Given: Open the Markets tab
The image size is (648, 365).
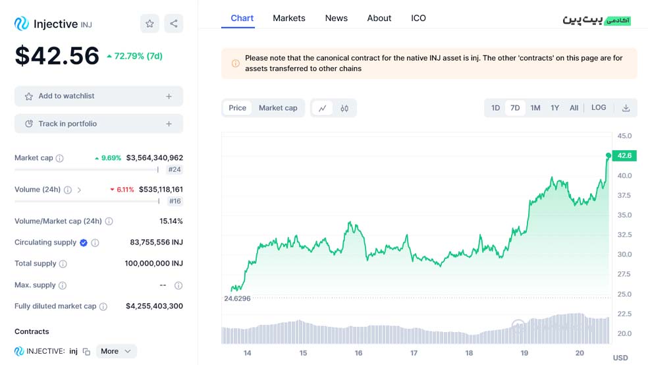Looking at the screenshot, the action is tap(289, 18).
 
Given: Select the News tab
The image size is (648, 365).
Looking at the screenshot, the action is tap(337, 18).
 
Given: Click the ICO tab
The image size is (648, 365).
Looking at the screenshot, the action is tap(418, 18).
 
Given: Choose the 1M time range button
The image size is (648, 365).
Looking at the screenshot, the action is tap(535, 108).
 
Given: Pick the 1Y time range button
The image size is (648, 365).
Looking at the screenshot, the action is tap(554, 108).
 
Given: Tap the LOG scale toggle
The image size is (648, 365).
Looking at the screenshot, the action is tap(599, 107).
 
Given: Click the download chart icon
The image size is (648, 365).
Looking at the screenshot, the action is tap(626, 108).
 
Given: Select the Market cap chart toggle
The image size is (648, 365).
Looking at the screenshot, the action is tap(278, 108).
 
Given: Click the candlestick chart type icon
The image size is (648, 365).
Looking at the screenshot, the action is tap(344, 108).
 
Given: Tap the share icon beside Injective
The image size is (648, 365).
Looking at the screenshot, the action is tap(174, 24).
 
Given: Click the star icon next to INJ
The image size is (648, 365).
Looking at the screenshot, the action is tap(149, 24).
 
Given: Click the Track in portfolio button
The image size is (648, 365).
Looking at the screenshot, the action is tap(99, 124).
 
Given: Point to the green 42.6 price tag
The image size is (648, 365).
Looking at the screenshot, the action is tap(624, 155).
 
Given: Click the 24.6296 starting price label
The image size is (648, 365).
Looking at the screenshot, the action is tap(237, 298).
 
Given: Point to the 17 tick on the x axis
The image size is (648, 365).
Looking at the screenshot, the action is tap(414, 353).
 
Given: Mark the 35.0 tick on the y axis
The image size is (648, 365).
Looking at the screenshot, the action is tap(624, 215).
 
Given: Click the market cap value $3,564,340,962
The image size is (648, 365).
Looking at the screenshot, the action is tap(155, 157).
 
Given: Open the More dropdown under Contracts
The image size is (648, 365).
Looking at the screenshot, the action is tap(116, 351).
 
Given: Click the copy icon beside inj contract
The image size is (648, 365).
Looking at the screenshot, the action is tap(86, 351).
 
